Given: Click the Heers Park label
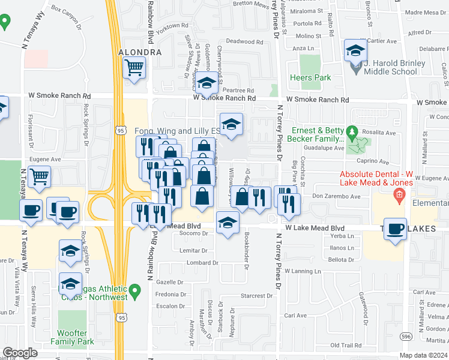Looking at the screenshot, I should tap(310, 77).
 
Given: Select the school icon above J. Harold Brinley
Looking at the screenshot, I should tap(356, 50).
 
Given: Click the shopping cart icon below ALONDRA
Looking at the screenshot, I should tap(134, 67).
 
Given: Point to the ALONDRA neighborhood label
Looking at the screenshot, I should tap(140, 52).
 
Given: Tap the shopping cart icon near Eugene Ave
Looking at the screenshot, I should tap(40, 177).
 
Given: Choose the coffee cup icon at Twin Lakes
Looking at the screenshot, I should tap(395, 229).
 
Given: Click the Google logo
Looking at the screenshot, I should tap(20, 353).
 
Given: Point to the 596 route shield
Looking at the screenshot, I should tap(406, 337).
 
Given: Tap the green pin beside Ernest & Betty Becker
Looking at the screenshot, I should tap(353, 131).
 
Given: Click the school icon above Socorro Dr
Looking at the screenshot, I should tap(226, 223).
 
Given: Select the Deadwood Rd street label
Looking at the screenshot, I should tap(241, 41).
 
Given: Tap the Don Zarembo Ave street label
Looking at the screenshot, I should tap(336, 196).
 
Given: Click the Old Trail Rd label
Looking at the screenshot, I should tap(345, 346).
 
